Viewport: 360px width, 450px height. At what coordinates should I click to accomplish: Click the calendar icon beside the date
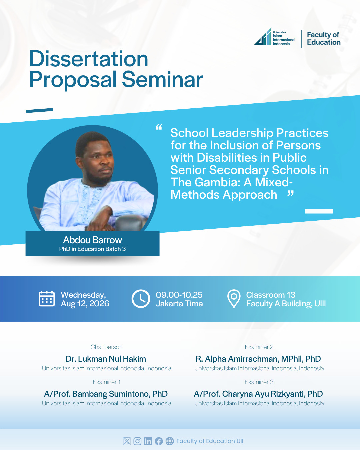coord(47,299)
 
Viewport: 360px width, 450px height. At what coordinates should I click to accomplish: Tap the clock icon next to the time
coord(141,299)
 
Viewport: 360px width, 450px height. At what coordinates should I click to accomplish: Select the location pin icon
coord(234,299)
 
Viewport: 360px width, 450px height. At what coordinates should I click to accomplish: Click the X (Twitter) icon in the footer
coord(127,441)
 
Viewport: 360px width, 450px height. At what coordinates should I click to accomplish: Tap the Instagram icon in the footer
coord(137,441)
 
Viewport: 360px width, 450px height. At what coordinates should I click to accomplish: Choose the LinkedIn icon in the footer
coord(148,441)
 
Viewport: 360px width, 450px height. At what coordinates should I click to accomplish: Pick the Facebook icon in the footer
coord(159,441)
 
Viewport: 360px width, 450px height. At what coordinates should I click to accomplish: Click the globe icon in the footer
coord(170,441)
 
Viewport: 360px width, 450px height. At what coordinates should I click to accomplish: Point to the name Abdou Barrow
coord(92,240)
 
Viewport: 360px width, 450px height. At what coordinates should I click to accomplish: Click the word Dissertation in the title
coord(89,59)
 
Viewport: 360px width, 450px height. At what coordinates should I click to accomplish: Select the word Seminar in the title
coord(162,79)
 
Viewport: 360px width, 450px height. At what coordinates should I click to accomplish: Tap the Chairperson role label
coord(106,347)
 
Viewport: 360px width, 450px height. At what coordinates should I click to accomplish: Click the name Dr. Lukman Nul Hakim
coord(106,359)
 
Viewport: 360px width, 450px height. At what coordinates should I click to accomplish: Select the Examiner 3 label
coord(259,382)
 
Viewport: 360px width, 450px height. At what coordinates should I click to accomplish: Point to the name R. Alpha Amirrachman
coord(237,359)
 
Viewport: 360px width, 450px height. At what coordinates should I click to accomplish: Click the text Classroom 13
coord(271,295)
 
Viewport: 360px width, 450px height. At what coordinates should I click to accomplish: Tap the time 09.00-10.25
coord(179,295)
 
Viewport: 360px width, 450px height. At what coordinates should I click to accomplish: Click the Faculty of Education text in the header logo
coord(324,38)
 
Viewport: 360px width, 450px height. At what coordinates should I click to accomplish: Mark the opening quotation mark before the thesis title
coord(159,127)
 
